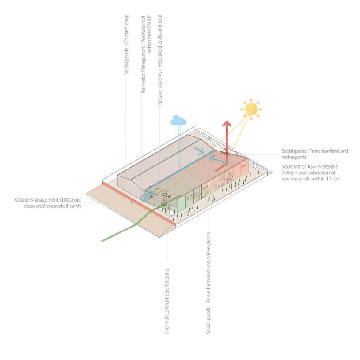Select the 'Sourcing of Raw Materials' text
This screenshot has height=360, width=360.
pos(309,167)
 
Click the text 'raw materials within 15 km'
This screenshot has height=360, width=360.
pos(311,179)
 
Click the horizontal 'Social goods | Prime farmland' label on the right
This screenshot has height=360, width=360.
pos(315,151)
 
